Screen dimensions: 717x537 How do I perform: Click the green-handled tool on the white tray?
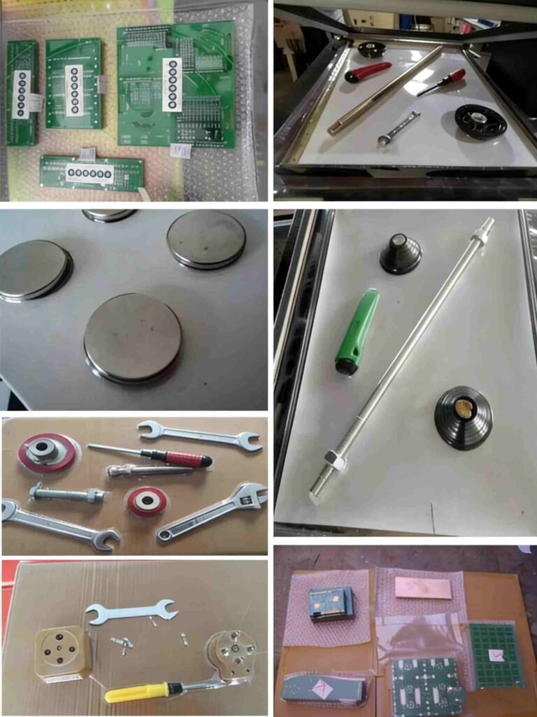pos(357,330)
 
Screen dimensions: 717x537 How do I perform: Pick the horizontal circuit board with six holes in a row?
pos(92,173)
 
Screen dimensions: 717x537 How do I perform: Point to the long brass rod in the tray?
pos(385,90)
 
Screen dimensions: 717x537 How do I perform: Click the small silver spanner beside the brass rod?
pos(399,127)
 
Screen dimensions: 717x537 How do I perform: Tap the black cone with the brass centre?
pos(464,417)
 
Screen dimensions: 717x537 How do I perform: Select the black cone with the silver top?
pos(401,253)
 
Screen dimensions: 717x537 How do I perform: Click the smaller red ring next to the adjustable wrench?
pos(146,501)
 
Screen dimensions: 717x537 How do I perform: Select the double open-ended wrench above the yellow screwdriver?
pos(130,611)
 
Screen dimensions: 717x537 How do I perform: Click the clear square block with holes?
pos(62,651)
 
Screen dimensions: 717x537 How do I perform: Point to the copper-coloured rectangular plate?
pos(422,586)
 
